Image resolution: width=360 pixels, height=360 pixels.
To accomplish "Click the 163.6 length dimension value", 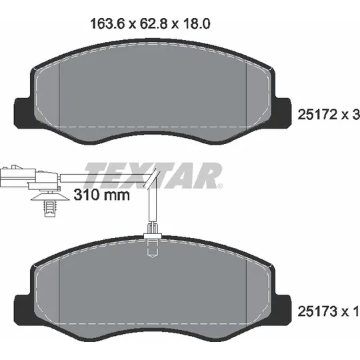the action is tap(107, 23).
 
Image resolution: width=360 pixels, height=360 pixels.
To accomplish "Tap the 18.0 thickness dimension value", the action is tap(197, 23).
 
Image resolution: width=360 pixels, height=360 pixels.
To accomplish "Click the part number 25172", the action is tap(317, 114).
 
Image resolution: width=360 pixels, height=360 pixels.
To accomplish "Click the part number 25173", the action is tap(317, 311).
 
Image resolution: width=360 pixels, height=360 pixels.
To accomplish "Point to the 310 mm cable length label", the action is tap(102, 195).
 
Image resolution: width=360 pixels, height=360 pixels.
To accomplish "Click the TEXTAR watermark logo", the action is tap(153, 175).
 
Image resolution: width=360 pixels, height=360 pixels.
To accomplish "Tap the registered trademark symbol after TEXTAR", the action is tap(220, 186).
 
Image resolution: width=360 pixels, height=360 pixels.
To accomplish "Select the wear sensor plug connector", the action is tap(30, 177).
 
